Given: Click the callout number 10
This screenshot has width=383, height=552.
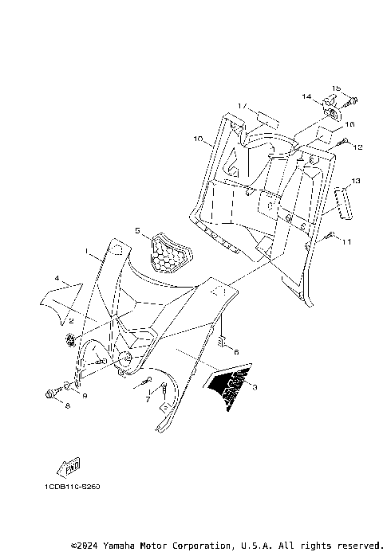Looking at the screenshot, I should (197, 139).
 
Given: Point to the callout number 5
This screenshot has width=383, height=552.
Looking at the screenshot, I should (136, 231).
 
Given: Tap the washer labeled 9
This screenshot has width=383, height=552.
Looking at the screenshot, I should (68, 388).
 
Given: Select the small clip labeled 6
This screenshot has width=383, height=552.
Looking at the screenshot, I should (225, 344).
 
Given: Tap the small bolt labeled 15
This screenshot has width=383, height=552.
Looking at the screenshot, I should (351, 100).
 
